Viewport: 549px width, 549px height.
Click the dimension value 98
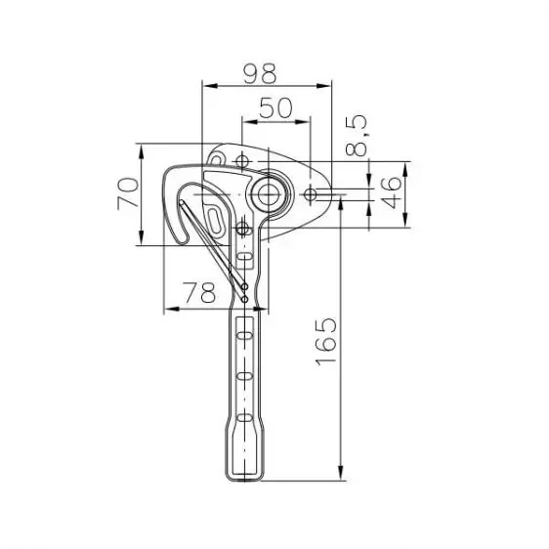[260, 73]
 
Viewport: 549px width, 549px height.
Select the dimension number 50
[275, 107]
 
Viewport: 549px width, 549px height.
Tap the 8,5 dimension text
[357, 136]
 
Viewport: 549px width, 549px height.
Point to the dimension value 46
[392, 192]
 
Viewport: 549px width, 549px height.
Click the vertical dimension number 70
[128, 193]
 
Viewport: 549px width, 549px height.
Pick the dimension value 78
[199, 292]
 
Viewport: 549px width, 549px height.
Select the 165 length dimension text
[326, 341]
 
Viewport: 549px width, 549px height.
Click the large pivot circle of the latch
[269, 194]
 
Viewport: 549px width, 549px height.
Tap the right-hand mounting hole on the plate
[311, 194]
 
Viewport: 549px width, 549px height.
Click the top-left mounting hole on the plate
[241, 161]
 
